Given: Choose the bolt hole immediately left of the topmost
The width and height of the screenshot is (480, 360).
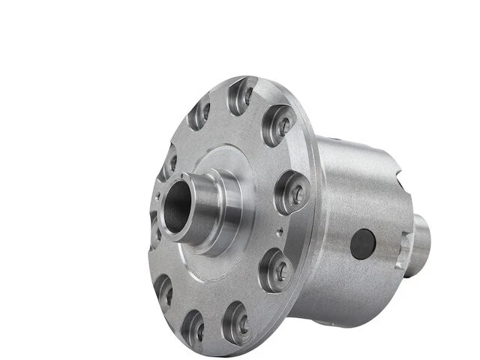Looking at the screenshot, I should click(x=199, y=114).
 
